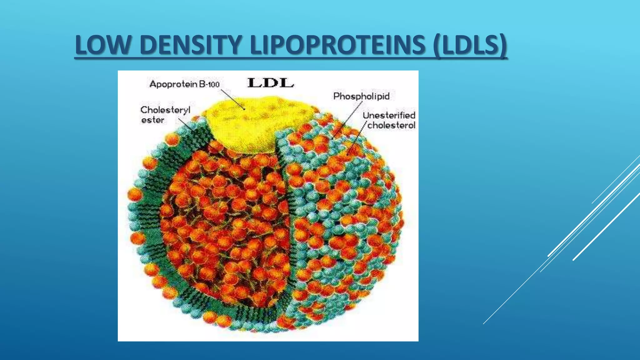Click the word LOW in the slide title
click(102, 45)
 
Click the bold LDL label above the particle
click(271, 83)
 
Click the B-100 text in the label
click(209, 84)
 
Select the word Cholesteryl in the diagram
click(165, 110)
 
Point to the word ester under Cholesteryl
click(152, 120)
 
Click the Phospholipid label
click(361, 96)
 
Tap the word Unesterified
click(389, 115)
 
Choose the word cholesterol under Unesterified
click(391, 125)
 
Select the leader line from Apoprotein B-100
click(233, 99)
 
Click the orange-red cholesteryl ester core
click(225, 219)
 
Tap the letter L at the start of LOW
click(80, 45)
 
